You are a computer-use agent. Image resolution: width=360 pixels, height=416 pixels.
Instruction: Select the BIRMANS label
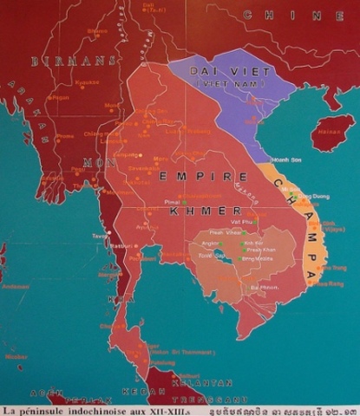coord(61,62)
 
